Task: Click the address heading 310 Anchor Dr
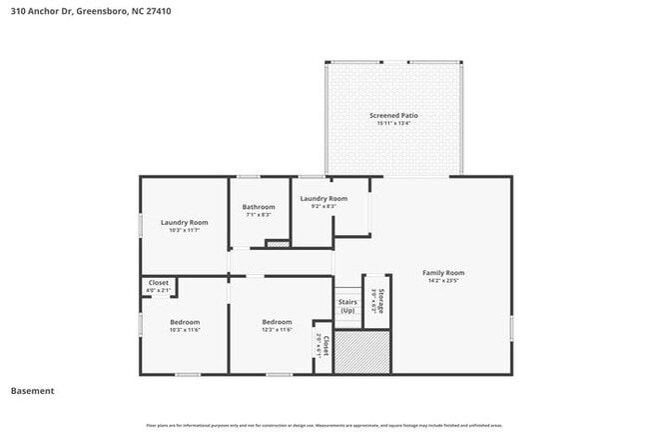(x=78, y=11)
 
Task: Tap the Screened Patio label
(x=393, y=115)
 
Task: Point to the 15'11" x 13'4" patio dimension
(x=393, y=124)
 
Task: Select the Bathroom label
(x=259, y=206)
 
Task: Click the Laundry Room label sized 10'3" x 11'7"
(x=185, y=221)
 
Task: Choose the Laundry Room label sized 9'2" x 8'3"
(x=324, y=198)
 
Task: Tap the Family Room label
(x=443, y=272)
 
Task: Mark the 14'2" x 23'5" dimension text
(x=443, y=281)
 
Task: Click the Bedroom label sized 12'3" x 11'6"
(x=277, y=321)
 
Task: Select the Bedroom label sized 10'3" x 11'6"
(x=185, y=321)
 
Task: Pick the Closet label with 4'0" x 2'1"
(x=159, y=283)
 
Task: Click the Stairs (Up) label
(x=347, y=305)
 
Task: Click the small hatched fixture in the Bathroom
(x=277, y=243)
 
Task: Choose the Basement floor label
(x=32, y=391)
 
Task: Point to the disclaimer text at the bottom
(x=324, y=425)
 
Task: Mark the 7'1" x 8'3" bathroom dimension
(x=259, y=215)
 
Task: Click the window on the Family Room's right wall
(x=511, y=327)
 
